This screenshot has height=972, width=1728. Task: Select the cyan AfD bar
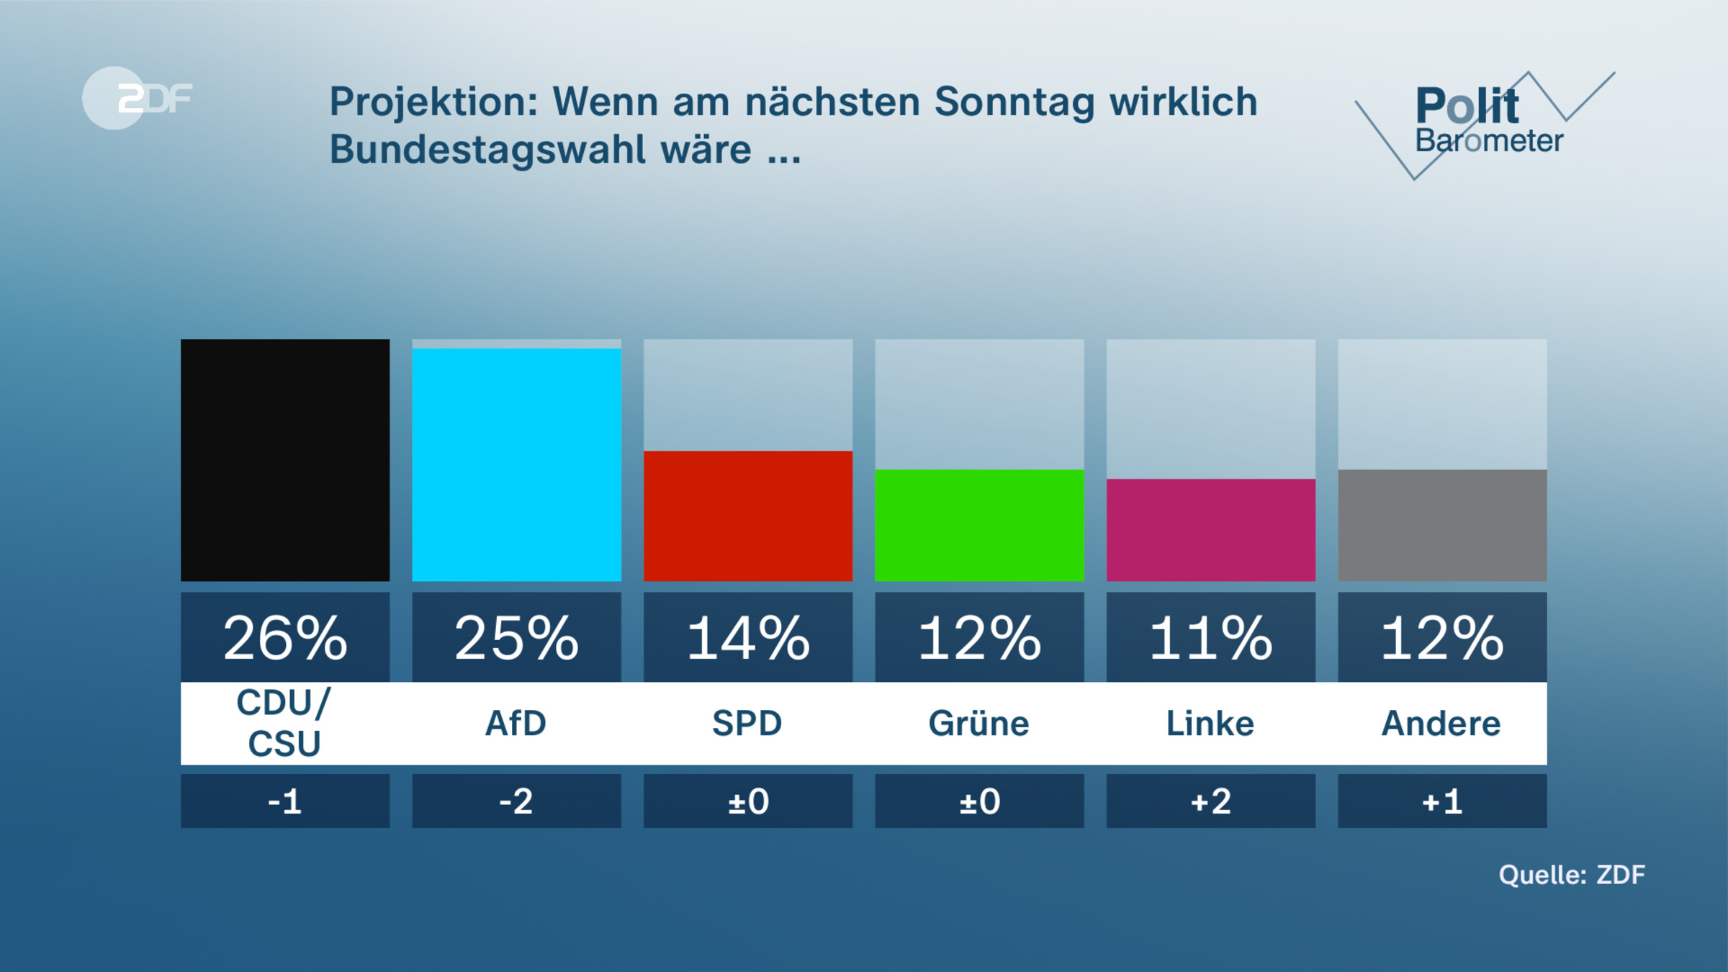(516, 464)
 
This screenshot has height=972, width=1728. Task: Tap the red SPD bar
(747, 516)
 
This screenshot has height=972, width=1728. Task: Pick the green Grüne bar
(979, 525)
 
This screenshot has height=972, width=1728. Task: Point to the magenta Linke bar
(1210, 529)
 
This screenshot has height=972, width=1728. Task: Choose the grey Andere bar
(1441, 525)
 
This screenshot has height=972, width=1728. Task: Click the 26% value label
(284, 638)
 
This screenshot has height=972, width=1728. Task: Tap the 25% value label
(516, 638)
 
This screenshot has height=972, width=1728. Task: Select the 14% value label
(747, 638)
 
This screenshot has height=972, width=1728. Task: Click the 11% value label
(1210, 638)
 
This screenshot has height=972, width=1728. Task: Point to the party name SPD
(747, 723)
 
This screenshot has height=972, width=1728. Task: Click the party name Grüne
(979, 723)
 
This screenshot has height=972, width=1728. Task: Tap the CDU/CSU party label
(284, 723)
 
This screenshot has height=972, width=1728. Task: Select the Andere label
(1441, 723)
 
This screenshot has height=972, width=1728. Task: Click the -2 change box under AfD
(516, 801)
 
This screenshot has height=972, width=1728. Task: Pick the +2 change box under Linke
(1210, 801)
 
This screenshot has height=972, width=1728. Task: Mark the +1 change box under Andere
(1441, 801)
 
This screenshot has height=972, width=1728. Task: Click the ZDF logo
(137, 98)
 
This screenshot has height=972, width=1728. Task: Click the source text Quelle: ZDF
(1571, 874)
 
